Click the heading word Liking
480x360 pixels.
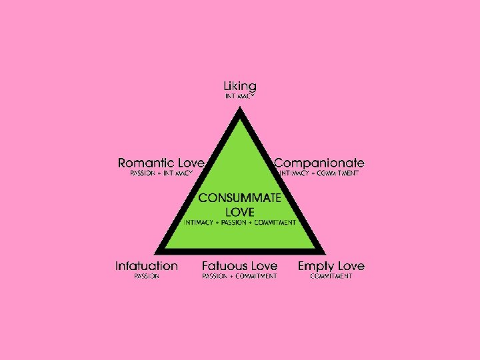tap(240, 87)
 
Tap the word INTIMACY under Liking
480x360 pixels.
tap(240, 97)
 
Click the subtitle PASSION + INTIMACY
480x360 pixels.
tap(161, 173)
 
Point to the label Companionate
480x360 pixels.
tap(319, 163)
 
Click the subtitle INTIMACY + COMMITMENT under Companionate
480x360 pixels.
tap(319, 173)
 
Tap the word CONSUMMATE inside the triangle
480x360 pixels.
tap(240, 198)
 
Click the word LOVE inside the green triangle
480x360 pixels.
tap(240, 211)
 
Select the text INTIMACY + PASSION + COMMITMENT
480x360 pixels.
tap(240, 223)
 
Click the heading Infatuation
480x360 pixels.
tap(147, 266)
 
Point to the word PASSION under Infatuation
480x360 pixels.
tap(147, 276)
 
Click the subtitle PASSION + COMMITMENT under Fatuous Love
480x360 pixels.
tap(240, 276)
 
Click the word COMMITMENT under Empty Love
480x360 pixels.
tap(331, 276)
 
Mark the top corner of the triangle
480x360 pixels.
tap(240, 107)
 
